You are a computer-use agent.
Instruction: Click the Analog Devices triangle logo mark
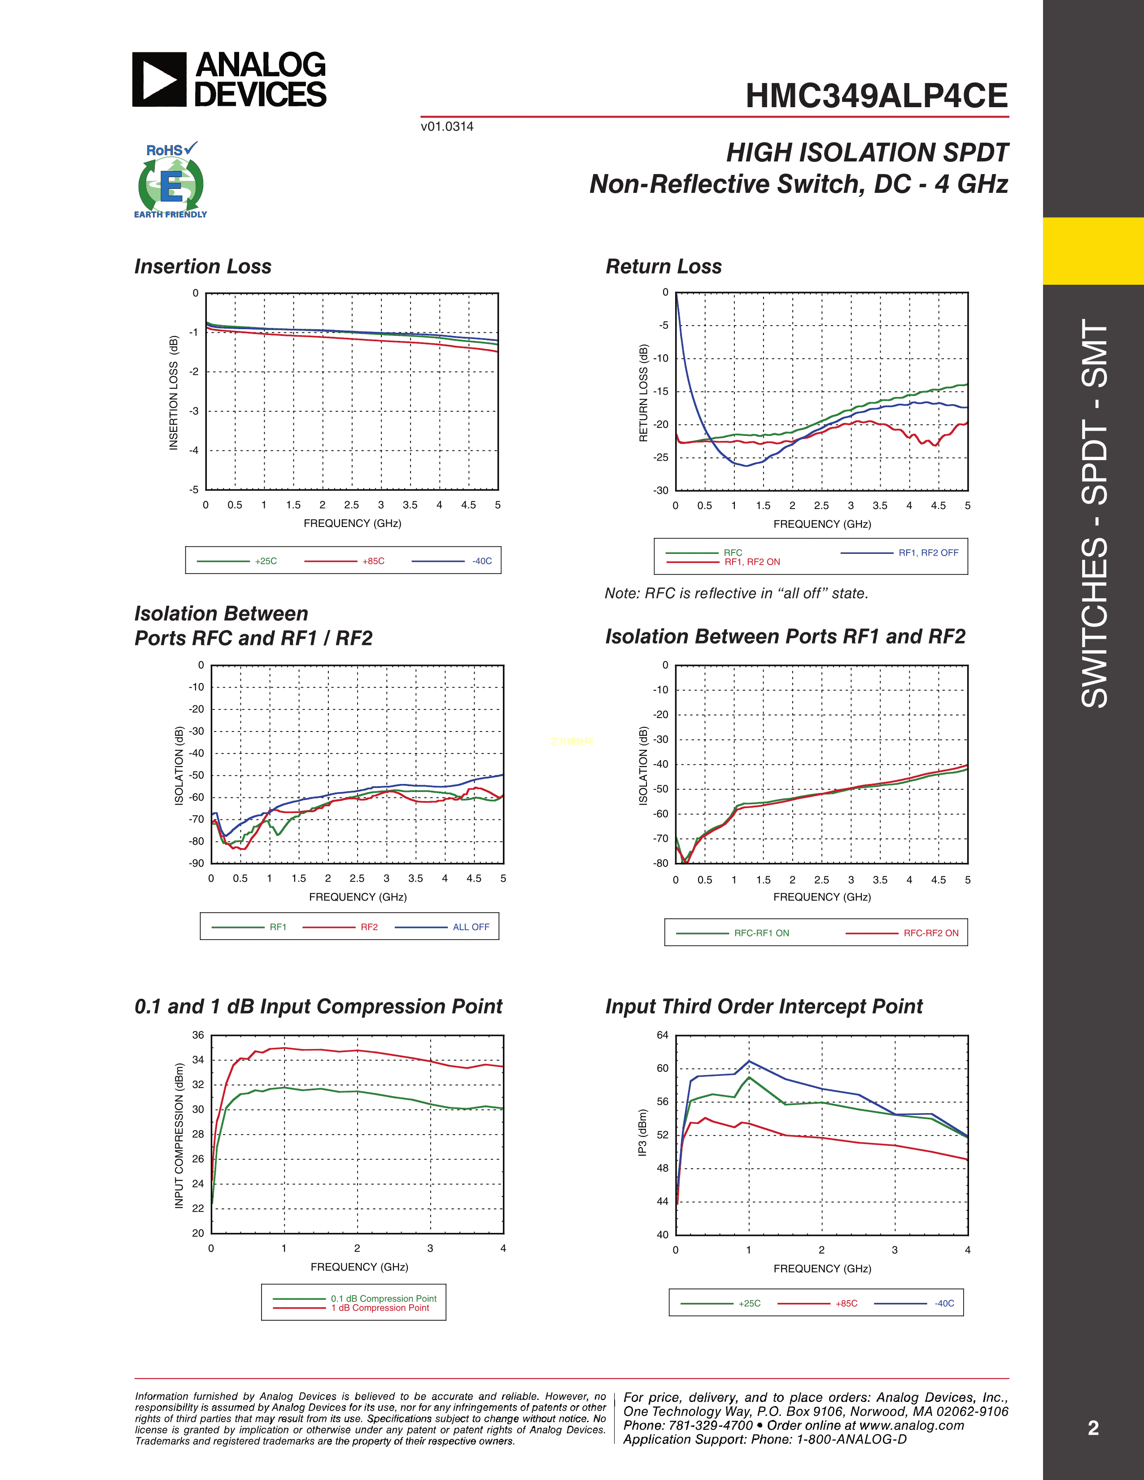point(158,79)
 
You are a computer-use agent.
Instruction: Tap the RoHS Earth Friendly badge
point(171,181)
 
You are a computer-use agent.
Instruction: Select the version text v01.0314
point(447,127)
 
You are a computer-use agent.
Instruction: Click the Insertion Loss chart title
point(203,266)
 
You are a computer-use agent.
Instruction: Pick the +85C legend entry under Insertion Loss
point(373,561)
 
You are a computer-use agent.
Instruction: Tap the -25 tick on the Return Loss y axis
point(661,457)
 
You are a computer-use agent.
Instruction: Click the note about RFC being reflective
point(736,594)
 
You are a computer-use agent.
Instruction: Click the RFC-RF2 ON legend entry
point(930,933)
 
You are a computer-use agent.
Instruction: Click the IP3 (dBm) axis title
point(642,1132)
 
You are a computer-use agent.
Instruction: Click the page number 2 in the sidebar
point(1093,1428)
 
